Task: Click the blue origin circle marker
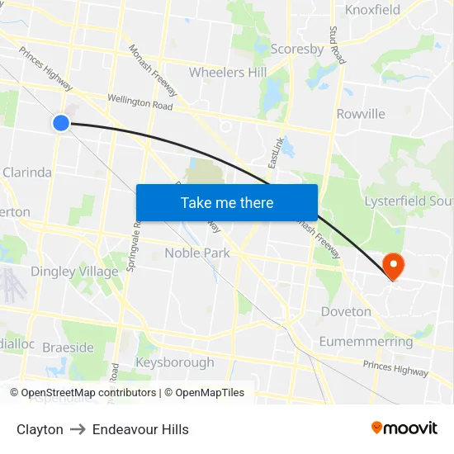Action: point(60,123)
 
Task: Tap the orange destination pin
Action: point(393,266)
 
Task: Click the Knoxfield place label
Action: point(372,10)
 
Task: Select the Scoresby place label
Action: point(297,49)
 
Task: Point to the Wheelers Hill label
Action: point(228,72)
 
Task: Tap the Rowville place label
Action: point(361,114)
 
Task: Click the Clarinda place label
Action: point(27,173)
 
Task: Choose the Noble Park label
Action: point(197,253)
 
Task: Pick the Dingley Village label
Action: point(74,272)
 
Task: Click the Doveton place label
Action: point(345,311)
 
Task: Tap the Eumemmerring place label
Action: point(366,342)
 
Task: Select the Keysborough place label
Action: point(174,362)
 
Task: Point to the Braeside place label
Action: point(68,348)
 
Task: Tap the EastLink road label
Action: point(276,154)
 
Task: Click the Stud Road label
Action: point(335,45)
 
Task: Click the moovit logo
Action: point(404,428)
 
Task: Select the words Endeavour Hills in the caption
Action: point(140,429)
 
